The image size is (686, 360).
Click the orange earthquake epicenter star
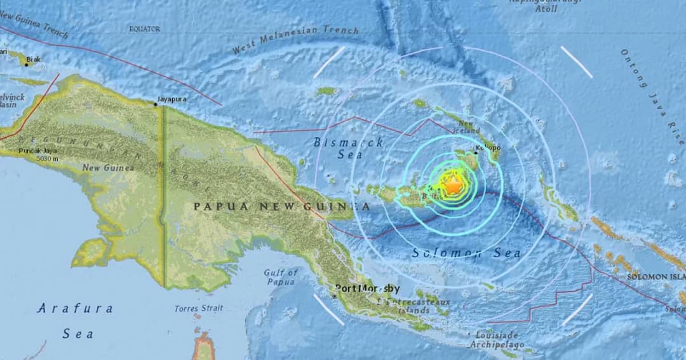tap(453, 186)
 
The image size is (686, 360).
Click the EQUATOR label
tap(145, 29)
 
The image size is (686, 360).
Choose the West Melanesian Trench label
tap(295, 39)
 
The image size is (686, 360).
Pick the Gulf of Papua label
tap(281, 277)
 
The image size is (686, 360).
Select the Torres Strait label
tap(199, 309)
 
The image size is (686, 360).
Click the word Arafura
tap(75, 309)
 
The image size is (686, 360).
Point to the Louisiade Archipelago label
tap(495, 340)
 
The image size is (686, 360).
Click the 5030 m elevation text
tap(30, 159)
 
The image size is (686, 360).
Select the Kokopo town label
tap(488, 148)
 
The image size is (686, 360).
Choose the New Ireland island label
tap(467, 127)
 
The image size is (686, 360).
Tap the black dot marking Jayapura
tap(156, 104)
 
